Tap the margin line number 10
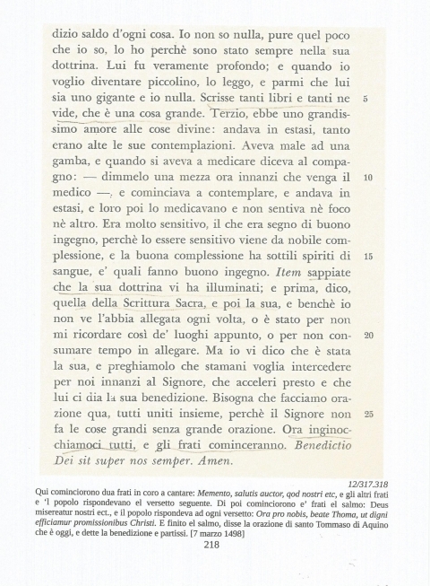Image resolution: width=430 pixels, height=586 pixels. coord(368,178)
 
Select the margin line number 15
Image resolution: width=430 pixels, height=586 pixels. coord(368,256)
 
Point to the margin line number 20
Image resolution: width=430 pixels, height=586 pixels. coord(368,335)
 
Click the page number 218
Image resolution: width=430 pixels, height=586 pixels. coord(211,544)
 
